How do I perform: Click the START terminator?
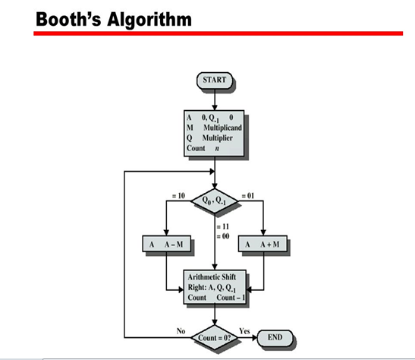coord(215,81)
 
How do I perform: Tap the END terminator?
coord(275,338)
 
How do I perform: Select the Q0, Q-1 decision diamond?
coord(215,201)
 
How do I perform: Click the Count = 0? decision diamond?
coord(215,338)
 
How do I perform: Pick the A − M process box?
coord(166,244)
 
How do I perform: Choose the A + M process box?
coord(263,244)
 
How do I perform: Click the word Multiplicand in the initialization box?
coord(222,128)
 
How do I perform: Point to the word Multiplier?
coord(217,138)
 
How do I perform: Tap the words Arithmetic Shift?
coord(212,277)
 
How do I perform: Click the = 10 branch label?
coord(178,196)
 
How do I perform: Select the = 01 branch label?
coord(248,196)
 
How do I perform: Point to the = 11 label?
coord(223,227)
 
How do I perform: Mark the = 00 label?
coord(223,236)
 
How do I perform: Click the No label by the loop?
coord(181,331)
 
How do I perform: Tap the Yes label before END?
coord(244,331)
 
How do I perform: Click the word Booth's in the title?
coord(68,19)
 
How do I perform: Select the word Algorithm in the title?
coord(149,21)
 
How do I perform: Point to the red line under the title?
coord(218,33)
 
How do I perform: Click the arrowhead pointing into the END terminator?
coord(254,338)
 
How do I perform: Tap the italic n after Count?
coord(217,149)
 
